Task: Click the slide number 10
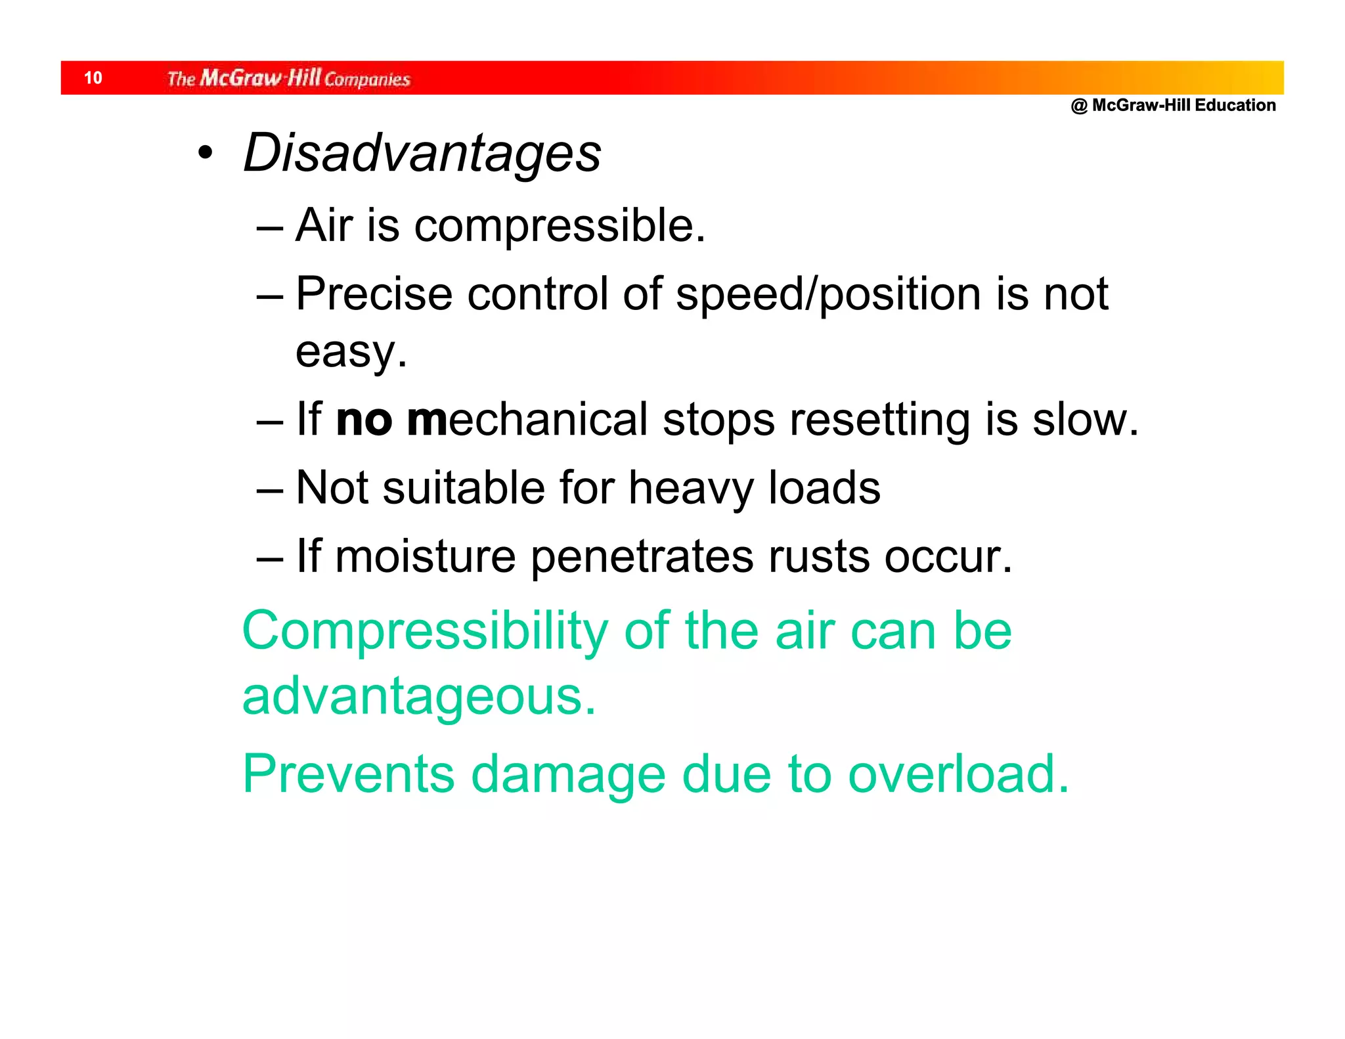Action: pyautogui.click(x=93, y=78)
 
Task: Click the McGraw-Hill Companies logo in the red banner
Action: pyautogui.click(x=288, y=79)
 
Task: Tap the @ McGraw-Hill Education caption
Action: pyautogui.click(x=1173, y=106)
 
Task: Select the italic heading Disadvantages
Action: pyautogui.click(x=422, y=153)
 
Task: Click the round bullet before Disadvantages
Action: pyautogui.click(x=206, y=153)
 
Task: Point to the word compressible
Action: pyautogui.click(x=560, y=226)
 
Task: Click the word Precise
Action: pyautogui.click(x=374, y=294)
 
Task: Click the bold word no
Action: pyautogui.click(x=363, y=420)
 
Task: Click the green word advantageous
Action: pyautogui.click(x=419, y=697)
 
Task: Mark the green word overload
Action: pyautogui.click(x=958, y=775)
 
